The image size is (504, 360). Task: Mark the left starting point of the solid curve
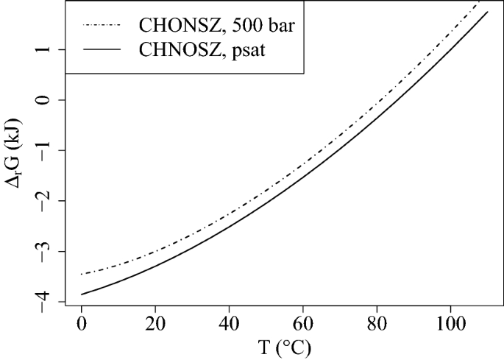pos(81,294)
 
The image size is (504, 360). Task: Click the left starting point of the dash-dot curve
pos(81,275)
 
